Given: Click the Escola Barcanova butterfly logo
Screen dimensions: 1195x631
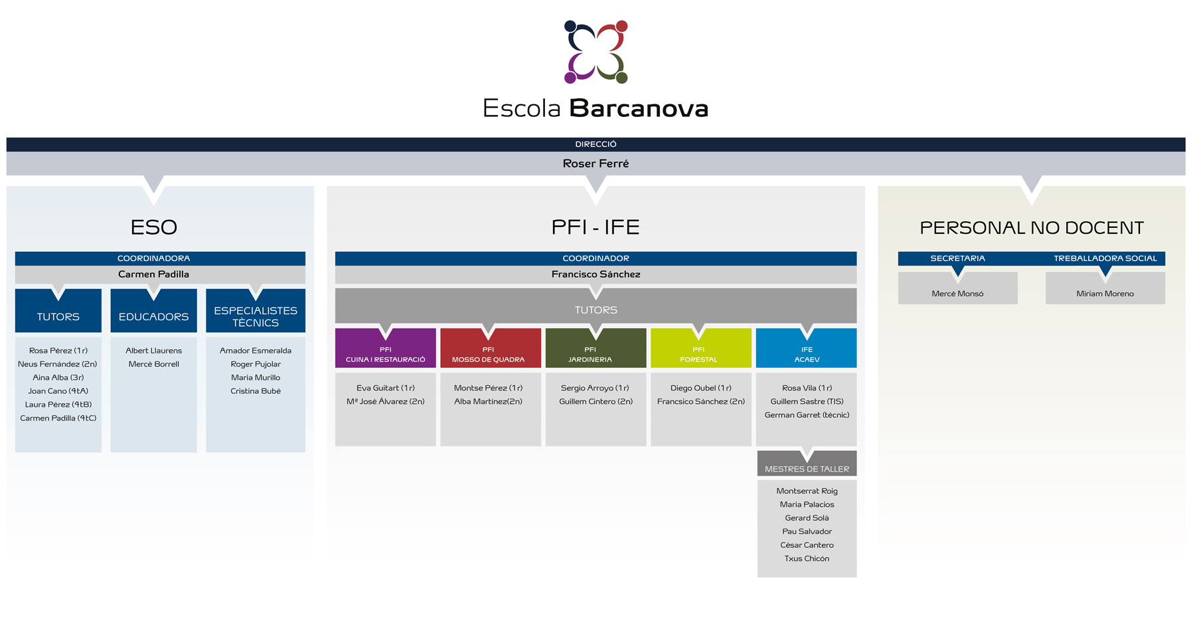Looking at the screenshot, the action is tap(596, 52).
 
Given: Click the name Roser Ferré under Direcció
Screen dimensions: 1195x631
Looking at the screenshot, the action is tap(596, 163).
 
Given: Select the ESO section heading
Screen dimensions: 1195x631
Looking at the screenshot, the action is tap(153, 227).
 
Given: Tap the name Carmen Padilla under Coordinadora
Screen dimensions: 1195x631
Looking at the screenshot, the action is tap(153, 274).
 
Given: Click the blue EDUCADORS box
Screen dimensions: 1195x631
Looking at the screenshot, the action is tap(153, 310).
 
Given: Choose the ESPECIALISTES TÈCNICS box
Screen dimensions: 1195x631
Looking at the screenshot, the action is tap(256, 310).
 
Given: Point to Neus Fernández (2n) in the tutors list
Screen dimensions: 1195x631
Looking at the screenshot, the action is tap(58, 364).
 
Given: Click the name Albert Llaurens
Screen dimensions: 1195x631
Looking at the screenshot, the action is tap(153, 351).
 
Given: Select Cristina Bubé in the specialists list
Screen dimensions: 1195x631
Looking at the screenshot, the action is tap(256, 391).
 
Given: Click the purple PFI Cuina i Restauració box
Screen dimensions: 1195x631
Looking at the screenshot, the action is tap(385, 348).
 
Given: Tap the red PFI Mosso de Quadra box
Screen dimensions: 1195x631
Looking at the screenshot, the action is tap(491, 348).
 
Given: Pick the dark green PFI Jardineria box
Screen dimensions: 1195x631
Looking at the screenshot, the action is tap(596, 348).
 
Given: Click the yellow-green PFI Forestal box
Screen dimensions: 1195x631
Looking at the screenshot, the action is tap(701, 348).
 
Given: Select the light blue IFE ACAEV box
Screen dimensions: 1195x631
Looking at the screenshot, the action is tap(806, 348).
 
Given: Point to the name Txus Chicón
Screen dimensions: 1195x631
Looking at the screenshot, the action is tap(807, 559).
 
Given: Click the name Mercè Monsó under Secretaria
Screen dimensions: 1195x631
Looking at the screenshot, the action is tap(957, 294).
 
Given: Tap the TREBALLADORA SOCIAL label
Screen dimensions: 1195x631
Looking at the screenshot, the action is tap(1105, 258).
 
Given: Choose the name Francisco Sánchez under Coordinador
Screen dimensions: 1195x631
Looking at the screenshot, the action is tap(596, 274).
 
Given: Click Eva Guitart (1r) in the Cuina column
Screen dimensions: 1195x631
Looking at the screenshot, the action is tap(385, 388).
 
